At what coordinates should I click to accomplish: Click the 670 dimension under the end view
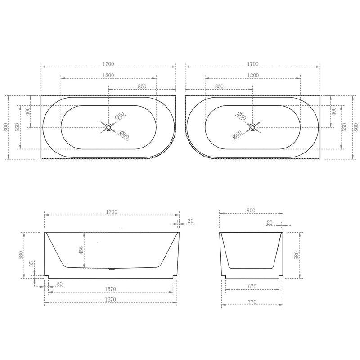click(251, 287)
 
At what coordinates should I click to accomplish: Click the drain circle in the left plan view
click(108, 127)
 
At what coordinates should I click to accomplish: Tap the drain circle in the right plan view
click(252, 127)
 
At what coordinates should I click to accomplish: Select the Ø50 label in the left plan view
click(119, 116)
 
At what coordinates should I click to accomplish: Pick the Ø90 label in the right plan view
click(237, 135)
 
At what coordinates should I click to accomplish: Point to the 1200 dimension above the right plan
click(253, 75)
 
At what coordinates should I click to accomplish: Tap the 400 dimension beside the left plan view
click(28, 111)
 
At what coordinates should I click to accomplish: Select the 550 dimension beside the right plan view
click(345, 128)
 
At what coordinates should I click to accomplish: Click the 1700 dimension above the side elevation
click(112, 211)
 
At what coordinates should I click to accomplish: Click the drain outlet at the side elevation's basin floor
click(112, 270)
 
